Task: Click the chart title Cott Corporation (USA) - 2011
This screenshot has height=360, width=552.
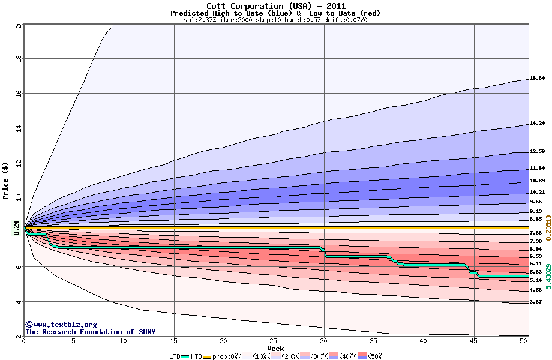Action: [275, 6]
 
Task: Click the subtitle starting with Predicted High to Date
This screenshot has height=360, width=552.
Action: [275, 13]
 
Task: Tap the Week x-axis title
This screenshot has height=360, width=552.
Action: [275, 349]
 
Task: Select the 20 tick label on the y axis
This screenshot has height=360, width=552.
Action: [18, 25]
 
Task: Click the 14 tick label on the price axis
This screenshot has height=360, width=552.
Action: [18, 128]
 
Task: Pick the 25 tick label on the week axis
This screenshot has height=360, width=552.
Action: [274, 341]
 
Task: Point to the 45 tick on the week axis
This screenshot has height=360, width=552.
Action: [473, 341]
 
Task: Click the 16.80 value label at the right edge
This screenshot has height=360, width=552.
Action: [537, 79]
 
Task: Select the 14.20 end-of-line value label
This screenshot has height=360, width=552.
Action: [537, 123]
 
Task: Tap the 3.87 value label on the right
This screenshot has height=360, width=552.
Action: [536, 302]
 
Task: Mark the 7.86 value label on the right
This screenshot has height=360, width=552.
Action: [536, 233]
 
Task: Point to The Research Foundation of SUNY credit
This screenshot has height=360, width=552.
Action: [90, 332]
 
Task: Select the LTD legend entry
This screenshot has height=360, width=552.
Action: [176, 356]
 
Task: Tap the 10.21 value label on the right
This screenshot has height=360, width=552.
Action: [537, 192]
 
